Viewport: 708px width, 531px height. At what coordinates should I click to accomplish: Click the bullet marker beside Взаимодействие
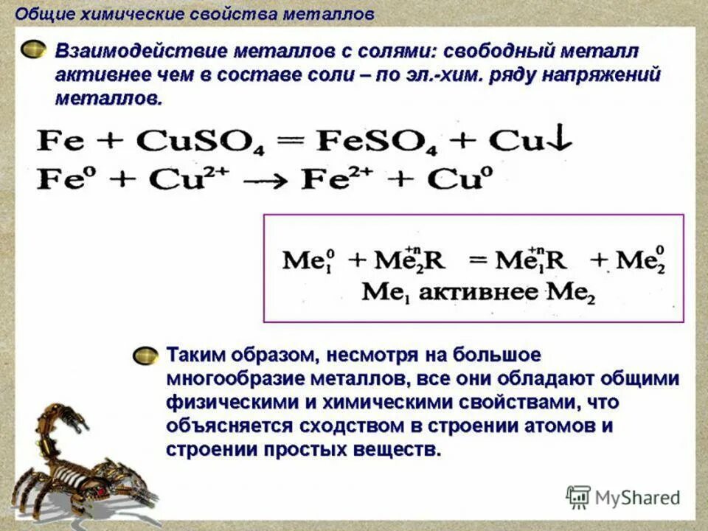(33, 51)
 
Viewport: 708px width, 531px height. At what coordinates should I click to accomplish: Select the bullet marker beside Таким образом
(145, 355)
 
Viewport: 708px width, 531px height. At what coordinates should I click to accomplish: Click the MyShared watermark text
(637, 498)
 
